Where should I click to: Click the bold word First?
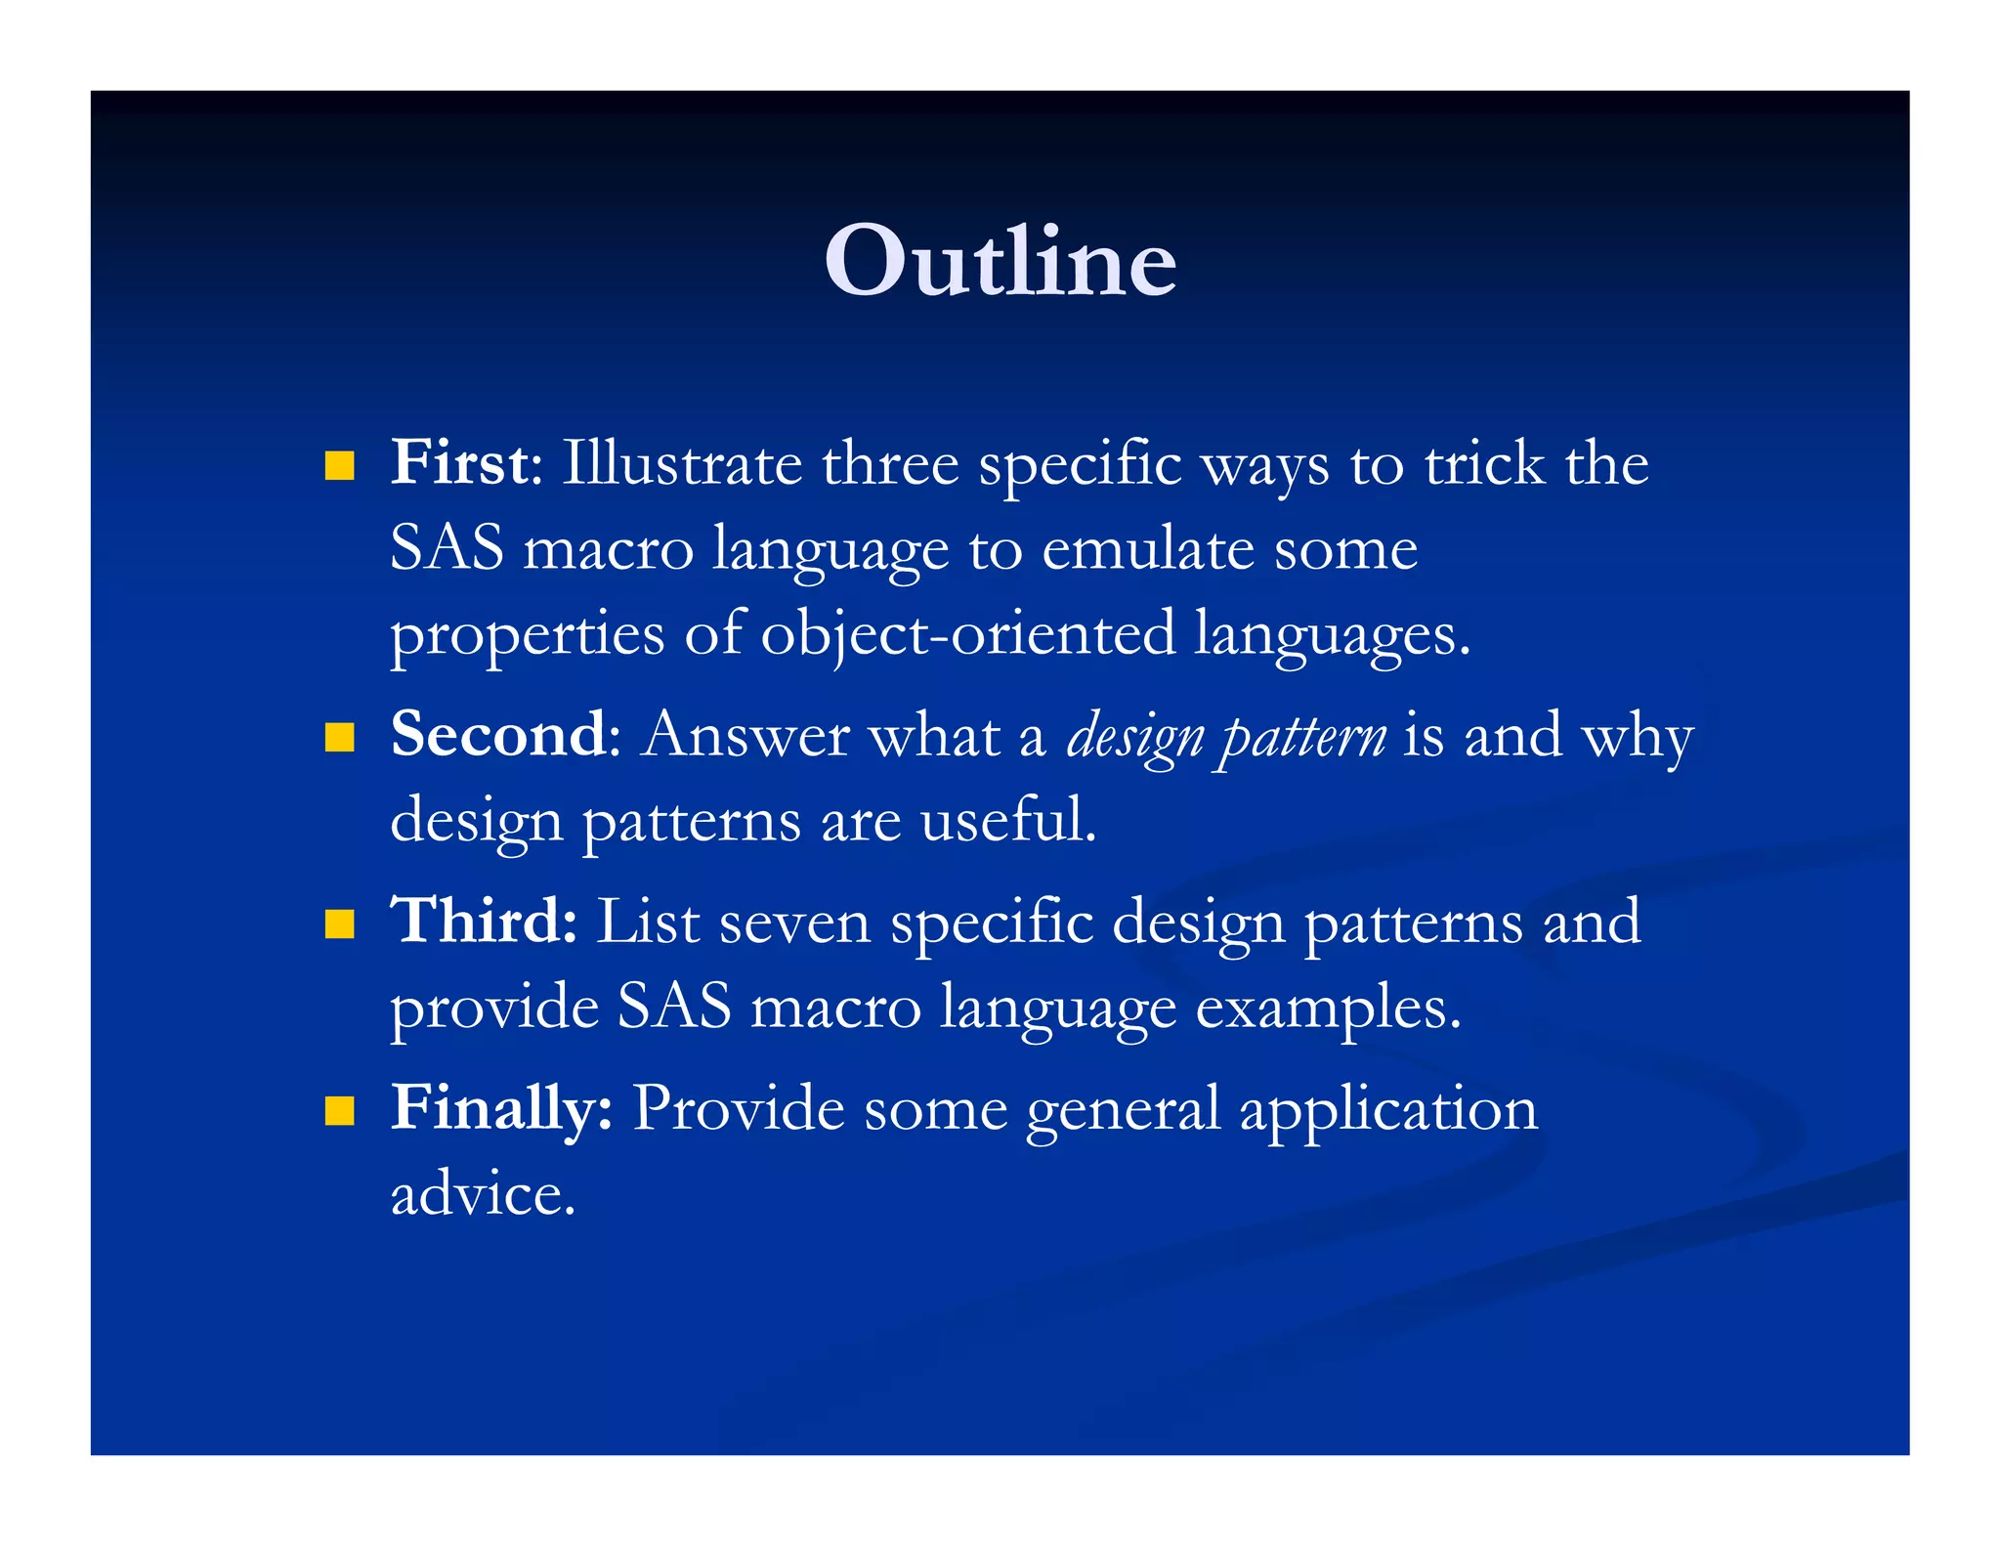tap(459, 462)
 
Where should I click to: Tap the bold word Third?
tap(483, 921)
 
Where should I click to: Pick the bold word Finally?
tap(500, 1108)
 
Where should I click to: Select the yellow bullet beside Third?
tap(339, 923)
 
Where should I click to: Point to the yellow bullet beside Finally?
tap(339, 1110)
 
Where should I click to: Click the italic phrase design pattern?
tap(1225, 736)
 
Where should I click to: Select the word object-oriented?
tap(967, 633)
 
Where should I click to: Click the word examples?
tap(1328, 1008)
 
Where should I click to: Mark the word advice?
tap(483, 1193)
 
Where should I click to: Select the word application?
tap(1388, 1110)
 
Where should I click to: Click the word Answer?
tap(745, 735)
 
